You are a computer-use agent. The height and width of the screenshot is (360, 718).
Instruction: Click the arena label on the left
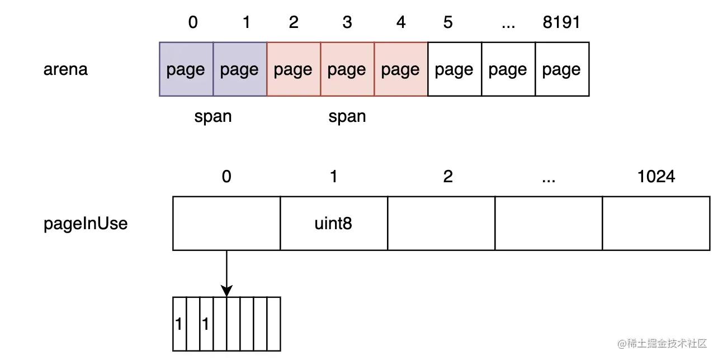click(x=65, y=70)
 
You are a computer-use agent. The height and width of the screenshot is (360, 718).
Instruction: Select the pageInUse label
click(x=86, y=224)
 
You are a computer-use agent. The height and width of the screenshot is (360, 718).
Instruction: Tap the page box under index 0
click(x=186, y=70)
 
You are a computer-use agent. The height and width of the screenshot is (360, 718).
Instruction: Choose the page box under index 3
click(x=347, y=70)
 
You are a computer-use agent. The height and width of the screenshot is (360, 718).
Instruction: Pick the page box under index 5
click(x=454, y=70)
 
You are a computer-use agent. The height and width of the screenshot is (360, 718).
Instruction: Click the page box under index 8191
click(x=561, y=70)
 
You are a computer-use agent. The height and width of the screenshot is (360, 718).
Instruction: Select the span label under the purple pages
click(x=212, y=117)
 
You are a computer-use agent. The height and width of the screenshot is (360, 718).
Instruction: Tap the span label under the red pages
click(x=347, y=117)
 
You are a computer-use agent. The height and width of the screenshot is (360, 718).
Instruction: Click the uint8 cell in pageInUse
click(x=333, y=224)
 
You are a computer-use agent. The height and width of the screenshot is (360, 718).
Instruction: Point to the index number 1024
click(x=656, y=177)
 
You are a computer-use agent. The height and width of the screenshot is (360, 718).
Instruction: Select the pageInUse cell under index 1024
click(x=656, y=224)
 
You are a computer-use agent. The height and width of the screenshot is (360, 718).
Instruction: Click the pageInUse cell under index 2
click(x=441, y=224)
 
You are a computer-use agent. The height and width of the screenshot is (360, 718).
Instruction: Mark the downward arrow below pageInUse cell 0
click(x=226, y=274)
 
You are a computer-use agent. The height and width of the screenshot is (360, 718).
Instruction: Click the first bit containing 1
click(x=179, y=324)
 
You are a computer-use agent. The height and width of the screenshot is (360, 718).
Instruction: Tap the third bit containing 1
click(x=205, y=324)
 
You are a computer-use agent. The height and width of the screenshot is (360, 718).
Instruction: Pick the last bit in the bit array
click(x=273, y=324)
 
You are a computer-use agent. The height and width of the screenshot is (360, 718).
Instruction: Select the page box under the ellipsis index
click(x=508, y=70)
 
